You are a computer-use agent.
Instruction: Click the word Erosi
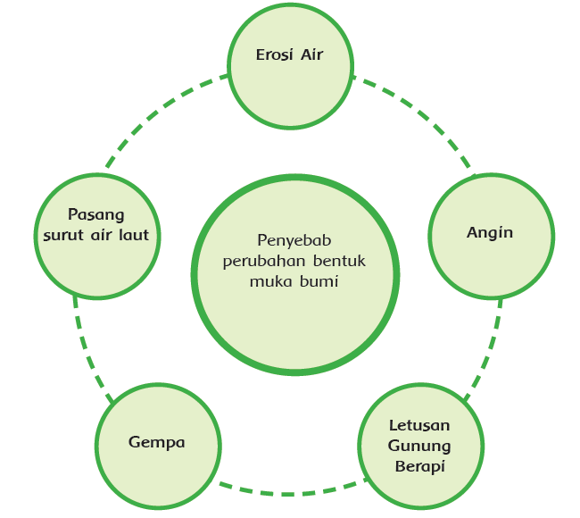coord(273,55)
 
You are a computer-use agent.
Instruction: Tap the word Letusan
coord(419,425)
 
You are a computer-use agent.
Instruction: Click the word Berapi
coord(419,466)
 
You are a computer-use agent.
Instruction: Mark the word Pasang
coord(96,215)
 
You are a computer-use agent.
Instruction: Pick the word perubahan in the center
coord(264,261)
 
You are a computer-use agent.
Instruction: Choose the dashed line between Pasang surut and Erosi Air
coord(161,112)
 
